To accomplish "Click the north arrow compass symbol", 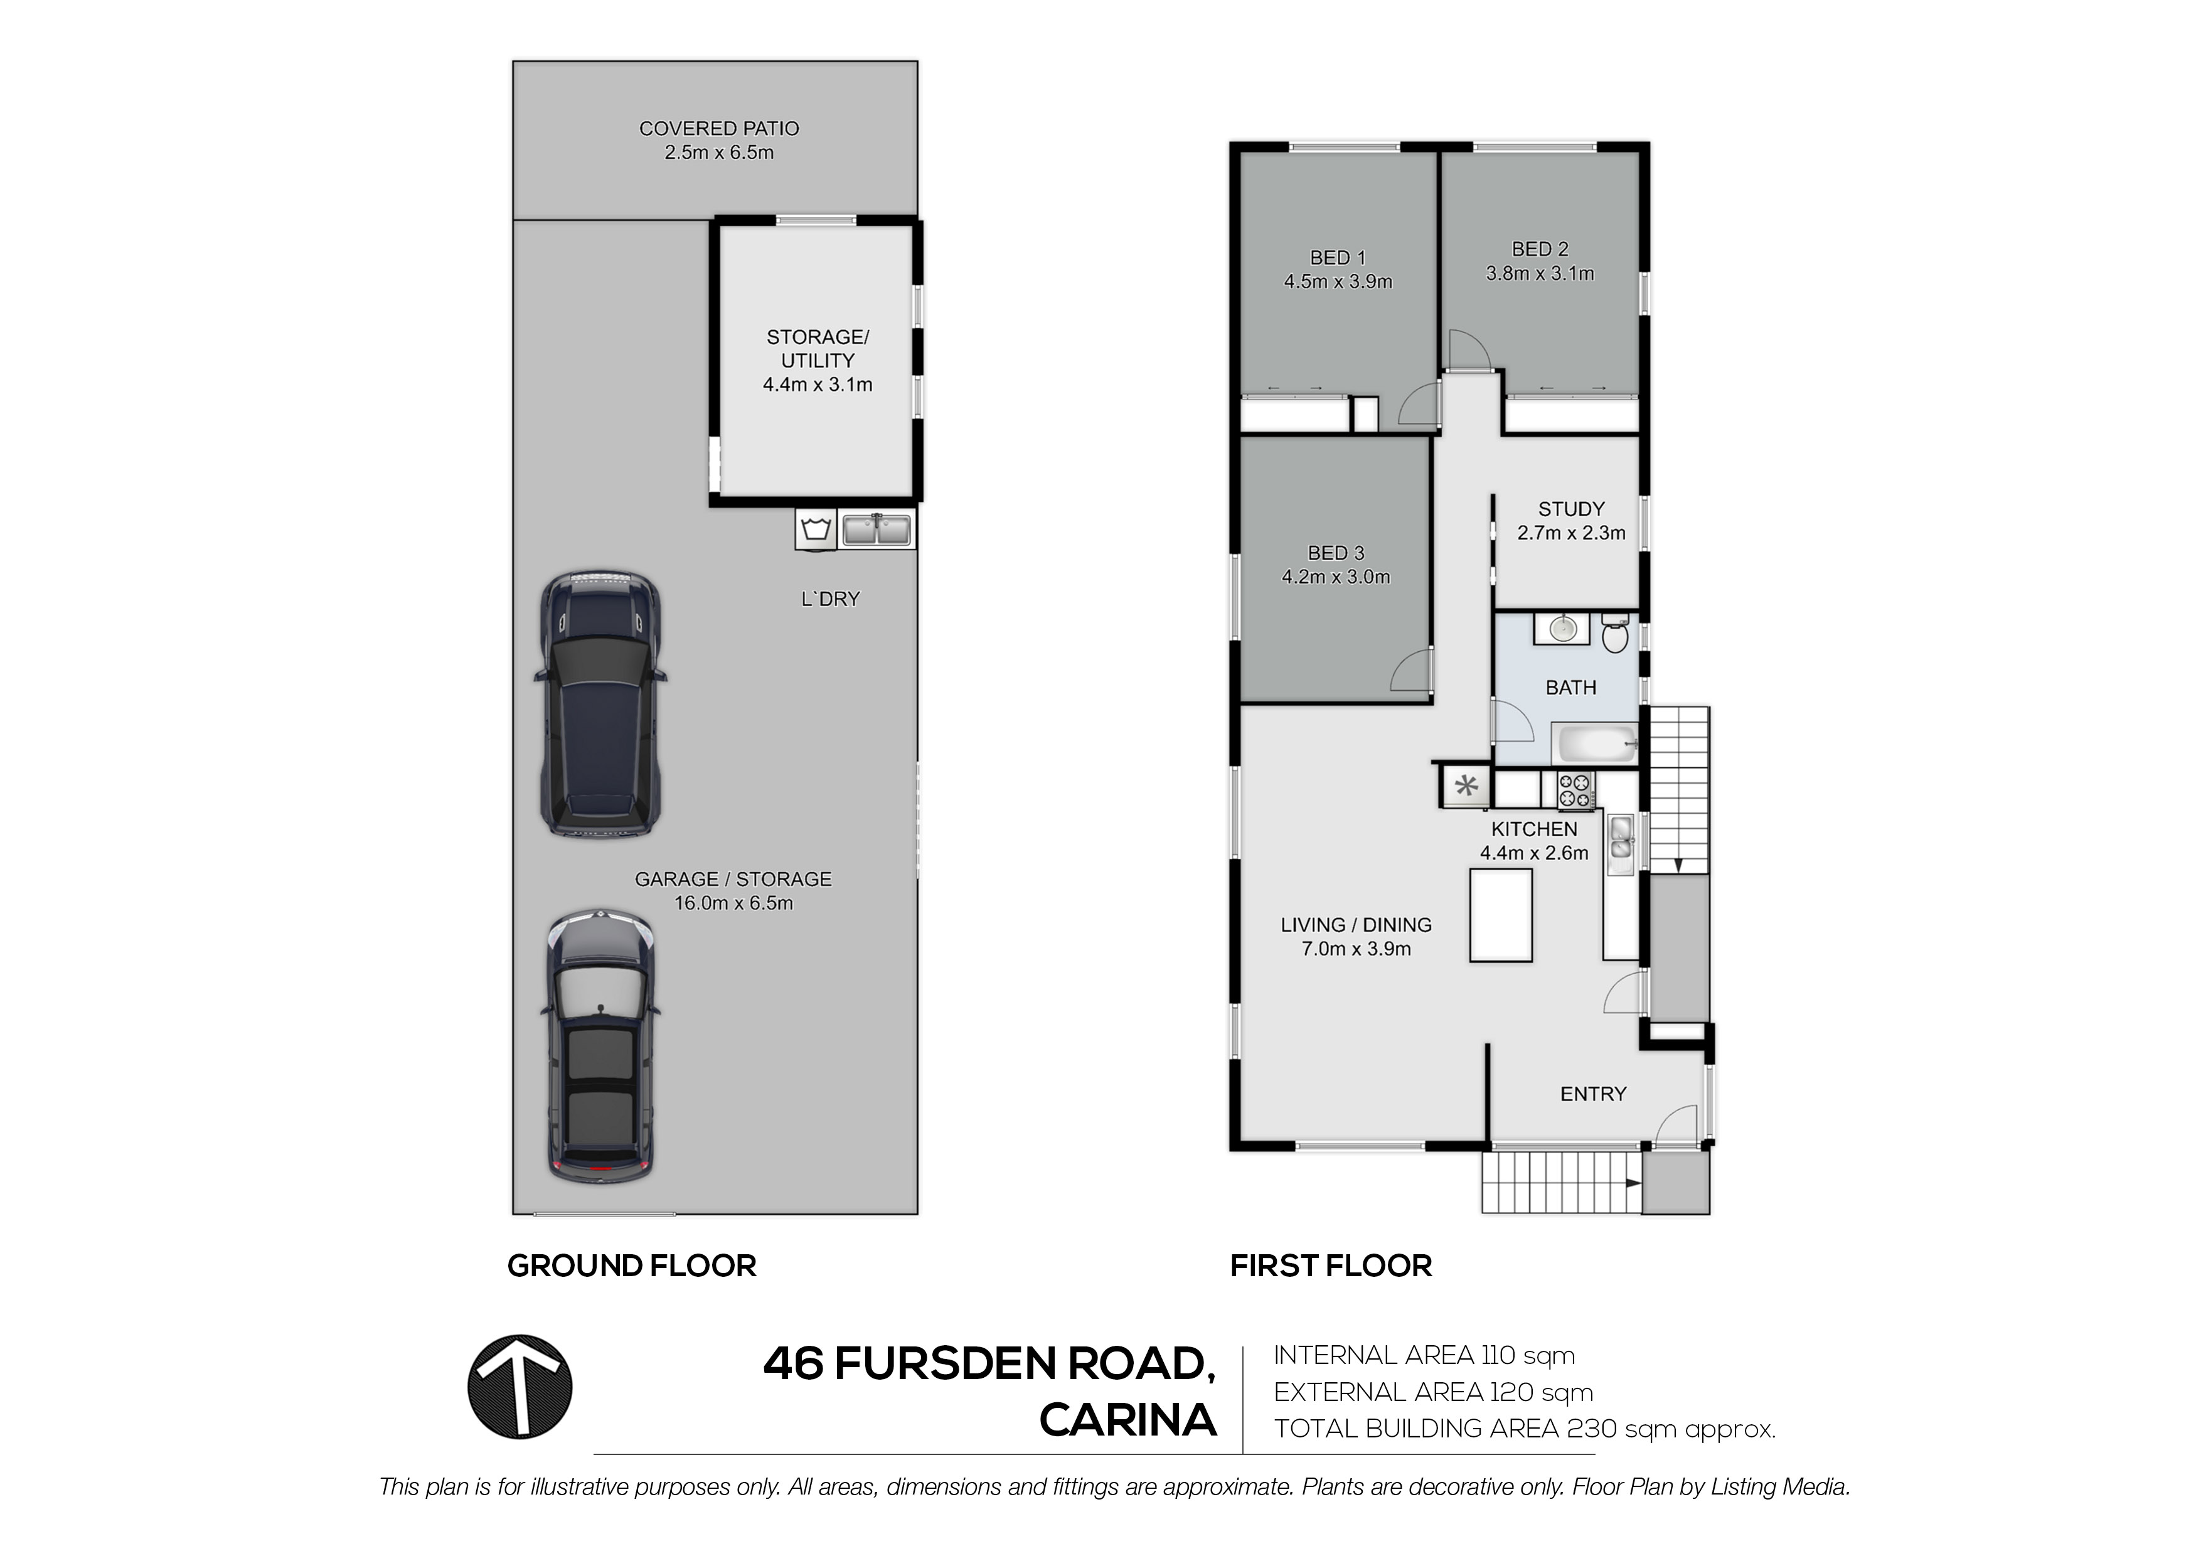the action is [520, 1387].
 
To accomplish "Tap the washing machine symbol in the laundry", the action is [816, 529].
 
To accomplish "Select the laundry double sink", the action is [877, 529].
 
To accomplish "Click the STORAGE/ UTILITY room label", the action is [818, 349].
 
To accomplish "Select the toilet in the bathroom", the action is [1614, 634].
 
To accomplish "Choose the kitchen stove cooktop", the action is [1575, 790].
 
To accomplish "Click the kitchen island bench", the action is [1501, 915].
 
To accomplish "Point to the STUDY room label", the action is [1571, 509].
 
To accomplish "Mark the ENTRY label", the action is [1593, 1094].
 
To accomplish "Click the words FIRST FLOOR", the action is [1331, 1266].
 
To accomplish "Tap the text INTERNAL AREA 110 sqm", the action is [1424, 1356].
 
